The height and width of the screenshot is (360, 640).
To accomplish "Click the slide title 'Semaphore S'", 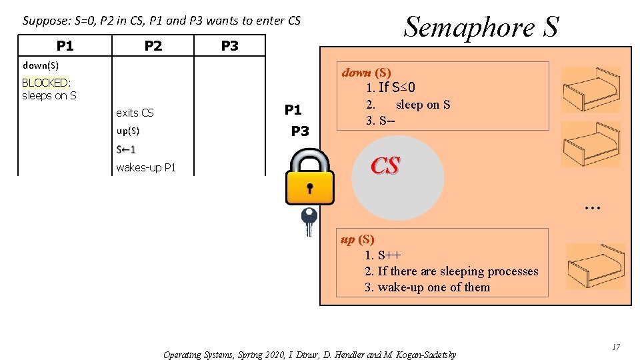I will click(x=481, y=27).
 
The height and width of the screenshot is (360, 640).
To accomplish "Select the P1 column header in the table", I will click(x=65, y=46).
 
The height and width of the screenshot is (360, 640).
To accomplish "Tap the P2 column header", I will click(x=153, y=46).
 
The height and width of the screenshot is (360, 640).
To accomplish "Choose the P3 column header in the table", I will click(x=229, y=46).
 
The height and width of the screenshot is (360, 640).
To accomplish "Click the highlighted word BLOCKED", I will click(x=45, y=83).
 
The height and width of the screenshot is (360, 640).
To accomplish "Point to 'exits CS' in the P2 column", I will click(x=135, y=113).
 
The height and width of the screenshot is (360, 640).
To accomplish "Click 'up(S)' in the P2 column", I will click(x=128, y=131).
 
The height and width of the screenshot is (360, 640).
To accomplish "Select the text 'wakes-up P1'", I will click(x=146, y=167).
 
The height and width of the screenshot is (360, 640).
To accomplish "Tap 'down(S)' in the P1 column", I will click(x=41, y=65).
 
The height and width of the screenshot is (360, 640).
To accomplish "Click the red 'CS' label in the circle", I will click(x=385, y=166).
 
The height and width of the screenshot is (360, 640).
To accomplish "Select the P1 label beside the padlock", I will click(x=293, y=110).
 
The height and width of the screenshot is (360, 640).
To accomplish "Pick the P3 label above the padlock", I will click(x=300, y=131).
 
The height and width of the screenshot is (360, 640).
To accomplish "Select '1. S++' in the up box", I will click(x=383, y=255).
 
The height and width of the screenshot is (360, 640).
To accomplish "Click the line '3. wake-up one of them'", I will click(x=427, y=287).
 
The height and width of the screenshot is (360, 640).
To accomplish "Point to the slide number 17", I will click(x=616, y=347).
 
